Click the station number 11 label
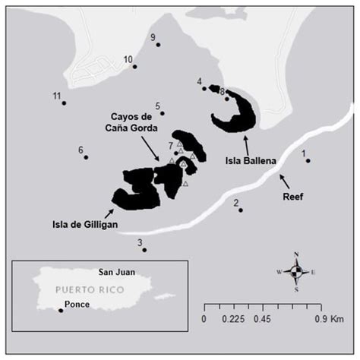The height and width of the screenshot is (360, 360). (56, 96)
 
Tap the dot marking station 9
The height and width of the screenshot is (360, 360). (158, 45)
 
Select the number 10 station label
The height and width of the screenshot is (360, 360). (128, 59)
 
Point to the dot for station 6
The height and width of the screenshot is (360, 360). (86, 157)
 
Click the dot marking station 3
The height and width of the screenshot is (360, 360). (144, 250)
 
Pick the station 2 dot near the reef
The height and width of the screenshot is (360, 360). (241, 210)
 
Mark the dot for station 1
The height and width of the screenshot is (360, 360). (308, 160)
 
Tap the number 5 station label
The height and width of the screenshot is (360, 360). (157, 106)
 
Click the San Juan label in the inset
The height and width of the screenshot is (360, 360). (116, 271)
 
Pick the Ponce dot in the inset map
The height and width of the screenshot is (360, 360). (61, 310)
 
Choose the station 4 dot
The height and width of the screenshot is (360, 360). (204, 88)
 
